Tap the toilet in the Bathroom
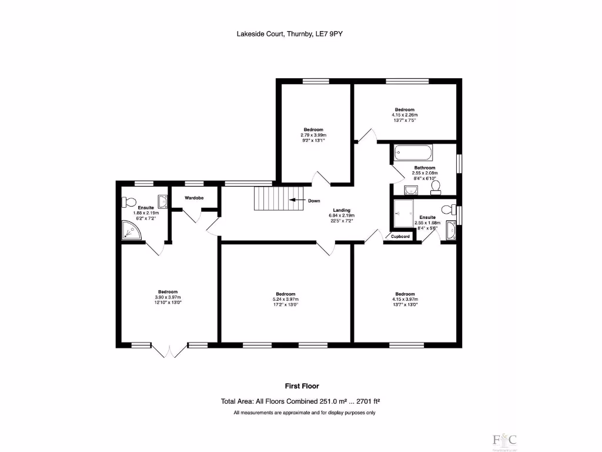(x=436, y=187)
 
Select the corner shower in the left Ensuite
(x=132, y=231)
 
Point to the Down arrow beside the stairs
(x=299, y=201)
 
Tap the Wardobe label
(x=194, y=198)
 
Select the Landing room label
(x=342, y=210)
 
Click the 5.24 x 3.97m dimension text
(x=286, y=300)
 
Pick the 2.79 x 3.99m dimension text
(x=313, y=135)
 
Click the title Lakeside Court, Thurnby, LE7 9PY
(x=289, y=34)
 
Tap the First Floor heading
(x=302, y=386)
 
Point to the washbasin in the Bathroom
(x=412, y=189)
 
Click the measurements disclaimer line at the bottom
(x=304, y=413)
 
